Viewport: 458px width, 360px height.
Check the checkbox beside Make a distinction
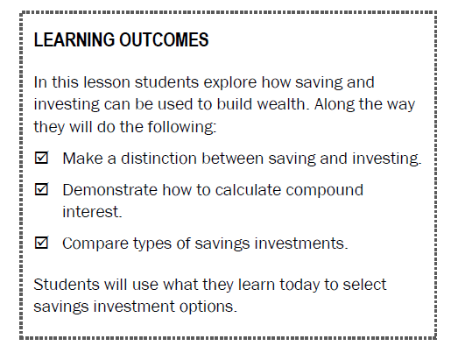pyautogui.click(x=41, y=159)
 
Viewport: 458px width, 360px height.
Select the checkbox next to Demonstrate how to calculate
pyautogui.click(x=41, y=189)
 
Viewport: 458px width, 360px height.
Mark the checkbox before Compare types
pyautogui.click(x=41, y=244)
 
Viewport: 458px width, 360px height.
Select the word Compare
pyautogui.click(x=92, y=244)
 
